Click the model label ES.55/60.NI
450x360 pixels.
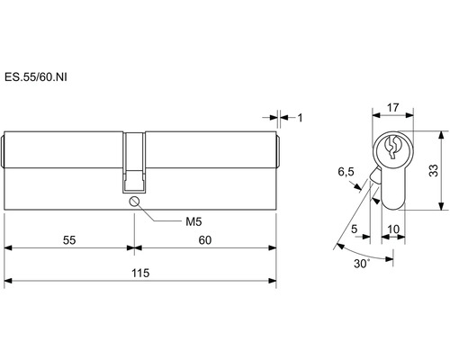(x=36, y=77)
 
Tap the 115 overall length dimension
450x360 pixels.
(x=140, y=274)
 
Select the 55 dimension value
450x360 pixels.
(x=69, y=240)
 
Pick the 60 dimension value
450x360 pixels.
(x=205, y=240)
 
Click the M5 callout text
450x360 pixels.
(x=193, y=222)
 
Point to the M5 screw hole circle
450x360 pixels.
(x=134, y=201)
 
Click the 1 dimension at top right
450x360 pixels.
(x=300, y=118)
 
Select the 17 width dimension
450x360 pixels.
(x=392, y=107)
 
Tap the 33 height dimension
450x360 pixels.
(x=434, y=170)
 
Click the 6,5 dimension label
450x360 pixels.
(x=346, y=172)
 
